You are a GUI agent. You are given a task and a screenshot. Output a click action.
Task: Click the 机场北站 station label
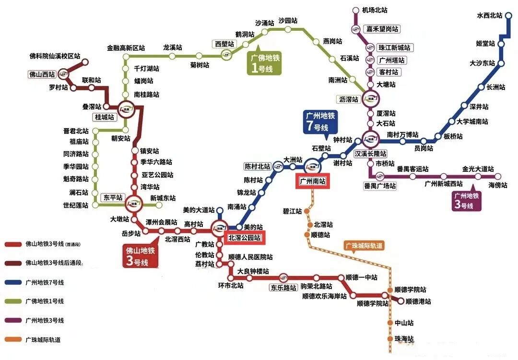tap(376, 10)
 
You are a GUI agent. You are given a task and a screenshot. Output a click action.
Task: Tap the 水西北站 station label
tap(489, 15)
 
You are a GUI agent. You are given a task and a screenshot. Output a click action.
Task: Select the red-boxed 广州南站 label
tap(312, 181)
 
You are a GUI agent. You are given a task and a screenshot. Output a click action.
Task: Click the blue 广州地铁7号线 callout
tap(321, 121)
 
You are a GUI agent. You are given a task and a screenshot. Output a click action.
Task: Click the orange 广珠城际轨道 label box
tap(365, 246)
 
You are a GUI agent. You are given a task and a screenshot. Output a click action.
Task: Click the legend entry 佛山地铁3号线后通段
tap(50, 263)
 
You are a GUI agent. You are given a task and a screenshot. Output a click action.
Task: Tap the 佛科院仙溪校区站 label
tap(55, 56)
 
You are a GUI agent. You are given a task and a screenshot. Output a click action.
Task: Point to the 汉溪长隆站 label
tap(371, 154)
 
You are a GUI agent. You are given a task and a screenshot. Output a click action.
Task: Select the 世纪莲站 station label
tap(76, 205)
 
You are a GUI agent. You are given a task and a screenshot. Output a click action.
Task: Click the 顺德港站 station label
tap(418, 301)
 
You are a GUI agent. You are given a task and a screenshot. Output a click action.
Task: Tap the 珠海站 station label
tap(404, 339)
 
